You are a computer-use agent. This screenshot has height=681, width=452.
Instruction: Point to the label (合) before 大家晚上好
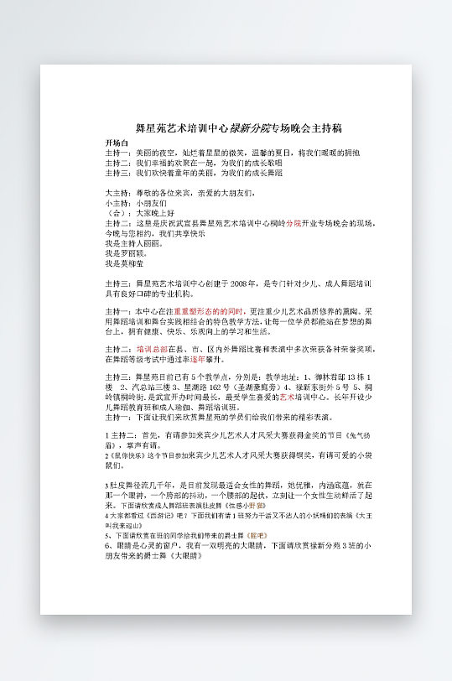point(117,214)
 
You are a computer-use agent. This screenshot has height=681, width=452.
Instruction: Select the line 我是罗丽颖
point(127,252)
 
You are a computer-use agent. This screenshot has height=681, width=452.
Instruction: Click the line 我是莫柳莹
point(127,263)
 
